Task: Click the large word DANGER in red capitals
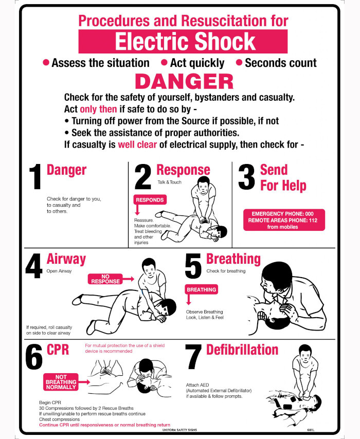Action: coord(184,82)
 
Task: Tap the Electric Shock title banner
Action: coord(183,41)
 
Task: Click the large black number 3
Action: coord(246,176)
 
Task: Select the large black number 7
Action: coord(193,357)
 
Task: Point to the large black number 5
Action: coord(193,266)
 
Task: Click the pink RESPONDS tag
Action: coord(150,200)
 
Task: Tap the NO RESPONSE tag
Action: coord(105,279)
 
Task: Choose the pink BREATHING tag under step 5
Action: coord(201,289)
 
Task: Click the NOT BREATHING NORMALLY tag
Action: coord(61,382)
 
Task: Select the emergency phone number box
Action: coord(284,220)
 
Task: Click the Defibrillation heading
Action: coord(242,350)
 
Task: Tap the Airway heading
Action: coord(66,259)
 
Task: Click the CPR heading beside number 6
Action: coord(58,350)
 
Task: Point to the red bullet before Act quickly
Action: coord(164,62)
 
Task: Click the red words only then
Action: coord(98,109)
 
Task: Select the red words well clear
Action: coord(137,144)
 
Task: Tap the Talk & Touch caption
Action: coord(170,182)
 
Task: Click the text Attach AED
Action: coord(197,385)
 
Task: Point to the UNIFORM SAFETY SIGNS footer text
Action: coord(179,430)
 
